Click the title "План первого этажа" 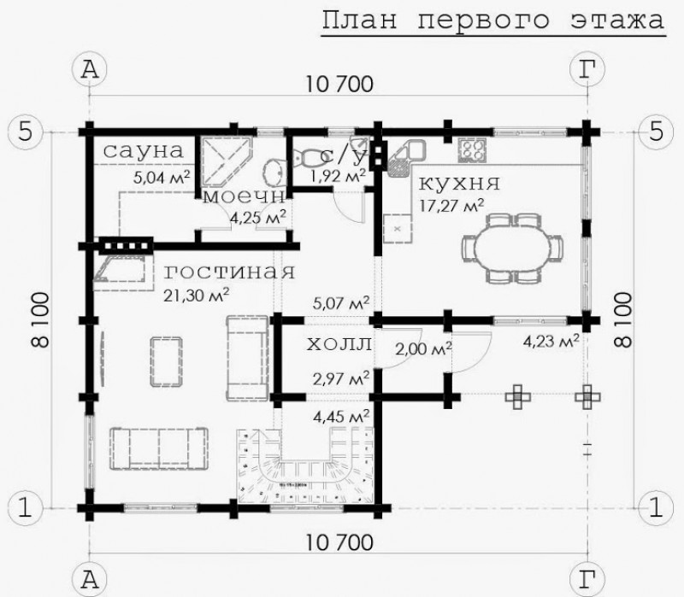pyautogui.click(x=493, y=20)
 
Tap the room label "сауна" pyautogui.click(x=144, y=150)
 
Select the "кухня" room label pyautogui.click(x=459, y=183)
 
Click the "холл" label pyautogui.click(x=339, y=344)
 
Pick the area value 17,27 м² pyautogui.click(x=452, y=204)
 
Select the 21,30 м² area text pyautogui.click(x=197, y=295)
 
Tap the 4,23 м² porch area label pyautogui.click(x=551, y=341)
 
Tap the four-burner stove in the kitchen pyautogui.click(x=471, y=149)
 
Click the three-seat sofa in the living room pyautogui.click(x=158, y=446)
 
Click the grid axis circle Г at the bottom pyautogui.click(x=586, y=579)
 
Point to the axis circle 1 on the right pyautogui.click(x=655, y=506)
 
